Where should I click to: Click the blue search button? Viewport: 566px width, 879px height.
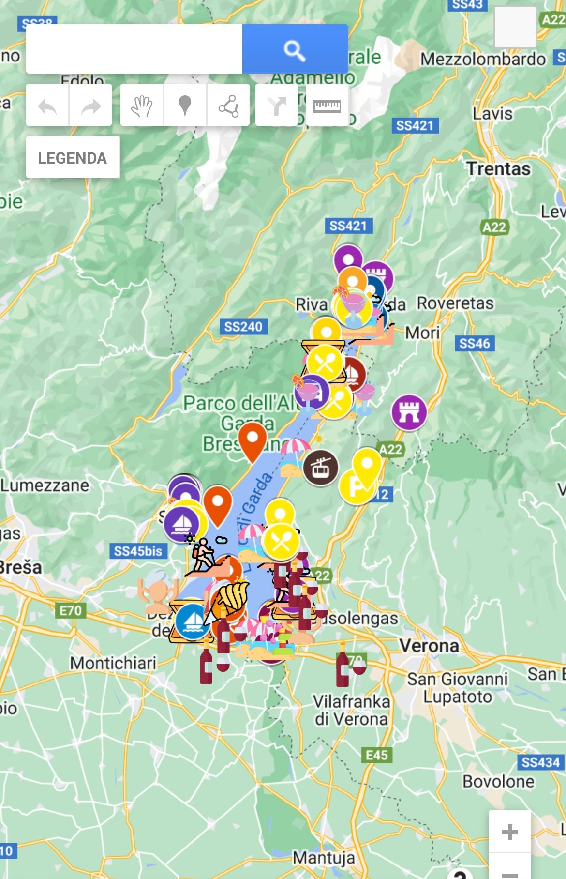pyautogui.click(x=295, y=49)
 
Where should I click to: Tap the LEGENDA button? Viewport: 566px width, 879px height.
pyautogui.click(x=73, y=158)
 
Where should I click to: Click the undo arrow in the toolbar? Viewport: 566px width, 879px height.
pyautogui.click(x=47, y=106)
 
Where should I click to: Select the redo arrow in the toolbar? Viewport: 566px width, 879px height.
pyautogui.click(x=90, y=106)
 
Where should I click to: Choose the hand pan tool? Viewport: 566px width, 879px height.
pyautogui.click(x=141, y=106)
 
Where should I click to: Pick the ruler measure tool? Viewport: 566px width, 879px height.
pyautogui.click(x=327, y=106)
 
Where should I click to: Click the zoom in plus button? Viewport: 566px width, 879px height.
pyautogui.click(x=510, y=832)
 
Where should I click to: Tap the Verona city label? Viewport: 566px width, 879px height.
pyautogui.click(x=429, y=646)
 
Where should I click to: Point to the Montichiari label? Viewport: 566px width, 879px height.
pyautogui.click(x=113, y=663)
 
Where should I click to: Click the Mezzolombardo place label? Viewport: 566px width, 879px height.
pyautogui.click(x=482, y=59)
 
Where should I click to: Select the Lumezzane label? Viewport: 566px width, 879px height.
pyautogui.click(x=45, y=485)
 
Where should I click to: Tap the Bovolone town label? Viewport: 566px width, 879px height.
pyautogui.click(x=498, y=781)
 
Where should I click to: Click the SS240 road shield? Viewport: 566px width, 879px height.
pyautogui.click(x=243, y=327)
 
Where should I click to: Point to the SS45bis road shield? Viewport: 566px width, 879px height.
pyautogui.click(x=138, y=551)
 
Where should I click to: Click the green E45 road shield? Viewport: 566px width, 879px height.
pyautogui.click(x=376, y=755)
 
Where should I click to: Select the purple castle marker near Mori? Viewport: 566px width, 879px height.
pyautogui.click(x=409, y=412)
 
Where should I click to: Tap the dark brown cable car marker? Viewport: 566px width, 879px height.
pyautogui.click(x=320, y=468)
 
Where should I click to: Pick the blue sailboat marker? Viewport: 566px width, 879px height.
pyautogui.click(x=193, y=621)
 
